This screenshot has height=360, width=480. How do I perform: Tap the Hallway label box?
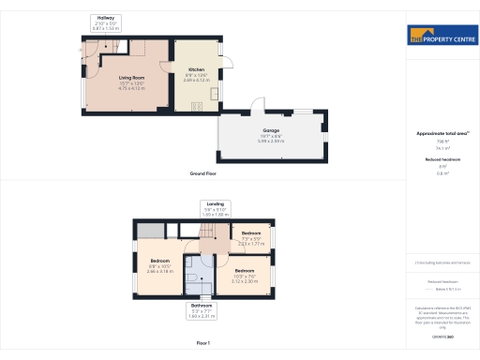(x=106, y=22)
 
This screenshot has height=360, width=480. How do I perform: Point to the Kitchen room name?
(x=195, y=68)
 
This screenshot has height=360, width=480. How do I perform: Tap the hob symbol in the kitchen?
(x=197, y=105)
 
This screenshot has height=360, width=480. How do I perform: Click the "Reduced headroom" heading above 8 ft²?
(x=442, y=160)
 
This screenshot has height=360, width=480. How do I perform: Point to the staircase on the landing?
(x=217, y=229)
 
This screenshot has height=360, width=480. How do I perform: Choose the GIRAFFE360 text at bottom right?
(x=442, y=335)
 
